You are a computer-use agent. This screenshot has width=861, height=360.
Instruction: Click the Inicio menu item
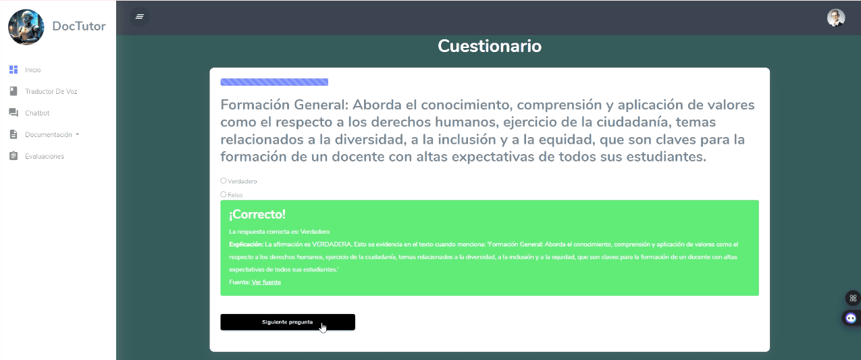(x=32, y=70)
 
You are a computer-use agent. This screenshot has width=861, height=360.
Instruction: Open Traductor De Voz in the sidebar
(x=51, y=91)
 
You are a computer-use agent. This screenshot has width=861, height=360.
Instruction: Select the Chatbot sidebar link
(x=37, y=113)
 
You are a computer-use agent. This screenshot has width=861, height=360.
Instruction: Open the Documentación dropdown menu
(x=52, y=134)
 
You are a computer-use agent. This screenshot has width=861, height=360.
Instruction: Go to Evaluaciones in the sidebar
(x=44, y=156)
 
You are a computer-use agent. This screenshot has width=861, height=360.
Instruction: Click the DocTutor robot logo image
(x=26, y=27)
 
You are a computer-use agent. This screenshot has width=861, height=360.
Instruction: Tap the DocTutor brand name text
(x=79, y=26)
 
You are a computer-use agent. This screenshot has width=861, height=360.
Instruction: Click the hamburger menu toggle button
(x=140, y=16)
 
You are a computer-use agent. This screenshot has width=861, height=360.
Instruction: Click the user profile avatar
(x=835, y=18)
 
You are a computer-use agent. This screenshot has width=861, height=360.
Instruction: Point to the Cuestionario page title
(x=490, y=46)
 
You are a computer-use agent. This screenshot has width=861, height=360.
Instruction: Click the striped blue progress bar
(x=274, y=82)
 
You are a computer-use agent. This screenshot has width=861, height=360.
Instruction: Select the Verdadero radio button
(x=224, y=181)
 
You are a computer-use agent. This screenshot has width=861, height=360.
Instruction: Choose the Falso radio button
(x=224, y=195)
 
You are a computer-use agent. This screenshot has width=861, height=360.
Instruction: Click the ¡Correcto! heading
(x=257, y=214)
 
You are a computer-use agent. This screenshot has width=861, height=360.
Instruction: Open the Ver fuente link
(x=266, y=282)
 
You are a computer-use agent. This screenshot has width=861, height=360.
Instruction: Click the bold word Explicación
(x=246, y=245)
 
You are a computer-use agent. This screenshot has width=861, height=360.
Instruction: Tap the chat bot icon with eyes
(x=851, y=318)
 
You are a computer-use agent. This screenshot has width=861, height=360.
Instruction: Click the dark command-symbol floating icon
(x=853, y=298)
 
